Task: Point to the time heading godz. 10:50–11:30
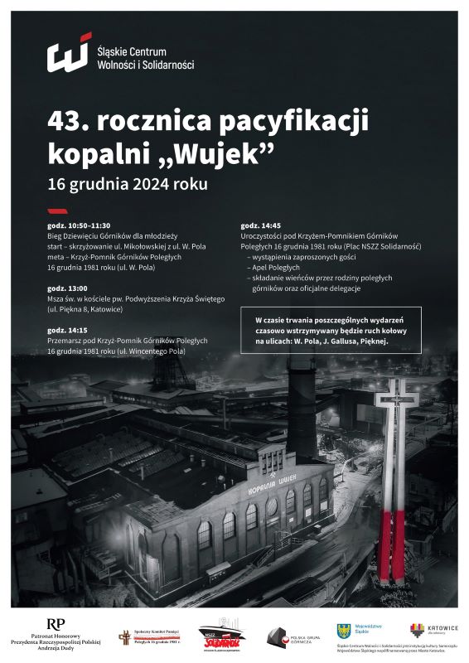(79, 225)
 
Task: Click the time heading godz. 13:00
(67, 288)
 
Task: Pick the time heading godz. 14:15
(67, 330)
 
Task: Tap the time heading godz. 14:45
(261, 225)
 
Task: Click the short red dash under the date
(56, 211)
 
